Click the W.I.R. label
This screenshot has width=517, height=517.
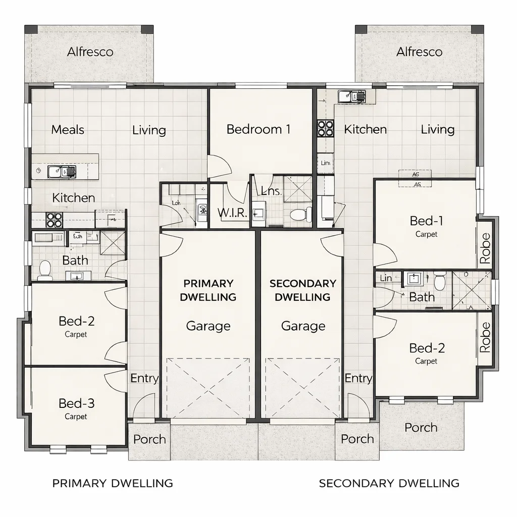[233, 213]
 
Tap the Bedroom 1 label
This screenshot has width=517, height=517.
[258, 129]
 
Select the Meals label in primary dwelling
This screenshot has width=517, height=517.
[68, 130]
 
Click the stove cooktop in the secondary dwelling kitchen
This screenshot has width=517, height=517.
[325, 129]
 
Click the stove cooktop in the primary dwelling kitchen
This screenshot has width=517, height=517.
[54, 220]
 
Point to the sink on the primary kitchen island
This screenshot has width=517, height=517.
[61, 172]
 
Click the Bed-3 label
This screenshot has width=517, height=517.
[76, 403]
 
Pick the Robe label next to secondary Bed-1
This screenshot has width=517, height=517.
[485, 248]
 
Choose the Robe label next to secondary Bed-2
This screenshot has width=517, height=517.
[485, 337]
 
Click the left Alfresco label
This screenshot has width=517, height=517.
[90, 52]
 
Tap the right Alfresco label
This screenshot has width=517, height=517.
[419, 52]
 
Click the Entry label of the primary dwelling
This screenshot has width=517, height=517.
[144, 378]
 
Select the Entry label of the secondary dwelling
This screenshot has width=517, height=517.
[358, 378]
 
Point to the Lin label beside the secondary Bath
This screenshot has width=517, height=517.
[386, 278]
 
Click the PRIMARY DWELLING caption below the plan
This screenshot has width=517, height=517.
[113, 483]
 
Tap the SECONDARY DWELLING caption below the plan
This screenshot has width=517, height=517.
[389, 483]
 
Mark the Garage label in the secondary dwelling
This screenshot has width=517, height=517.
[303, 326]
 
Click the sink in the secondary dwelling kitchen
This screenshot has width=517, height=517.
[352, 96]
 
